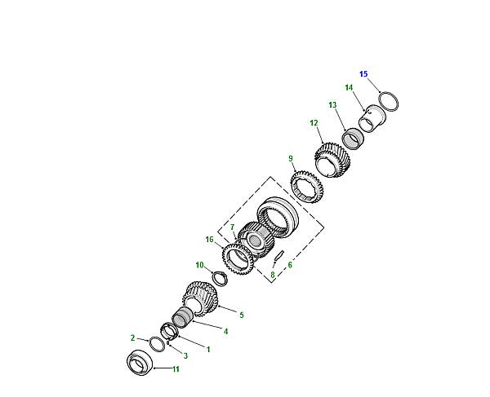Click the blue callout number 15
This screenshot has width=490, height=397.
pos(363,74)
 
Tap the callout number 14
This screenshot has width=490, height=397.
pos(349,87)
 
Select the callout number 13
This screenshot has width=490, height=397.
pos(332,105)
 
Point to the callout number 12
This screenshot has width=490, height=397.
pos(314,123)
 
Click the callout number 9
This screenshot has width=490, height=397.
pos(291,158)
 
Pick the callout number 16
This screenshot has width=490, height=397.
pos(209,240)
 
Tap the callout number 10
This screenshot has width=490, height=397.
pos(199,265)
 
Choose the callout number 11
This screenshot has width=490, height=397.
pos(176,369)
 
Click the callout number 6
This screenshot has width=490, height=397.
pos(290,265)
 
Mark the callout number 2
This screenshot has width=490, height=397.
pos(132,337)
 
